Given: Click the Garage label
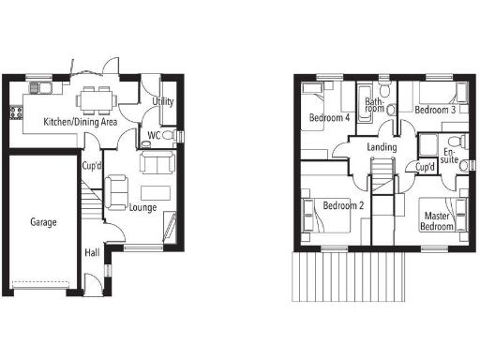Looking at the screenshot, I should (x=43, y=223).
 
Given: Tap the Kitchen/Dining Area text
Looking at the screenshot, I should (x=82, y=122).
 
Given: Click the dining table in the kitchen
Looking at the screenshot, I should (x=94, y=97).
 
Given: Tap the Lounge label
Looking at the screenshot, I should (x=142, y=207).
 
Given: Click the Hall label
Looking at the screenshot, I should (x=93, y=253).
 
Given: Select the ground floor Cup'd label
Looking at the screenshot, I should (x=92, y=166).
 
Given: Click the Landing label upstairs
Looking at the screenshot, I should (x=382, y=147).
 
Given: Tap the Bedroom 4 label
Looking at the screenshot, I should (x=329, y=118).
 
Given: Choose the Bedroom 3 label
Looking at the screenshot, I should (x=435, y=110).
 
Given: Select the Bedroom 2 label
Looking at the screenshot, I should (x=342, y=205).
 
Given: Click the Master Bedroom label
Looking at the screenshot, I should (x=436, y=221).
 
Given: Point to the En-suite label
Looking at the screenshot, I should (x=448, y=156).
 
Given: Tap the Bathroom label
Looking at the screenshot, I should (x=375, y=105).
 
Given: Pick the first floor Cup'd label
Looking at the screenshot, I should (x=425, y=167).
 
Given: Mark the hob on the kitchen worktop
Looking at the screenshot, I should (x=15, y=113).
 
